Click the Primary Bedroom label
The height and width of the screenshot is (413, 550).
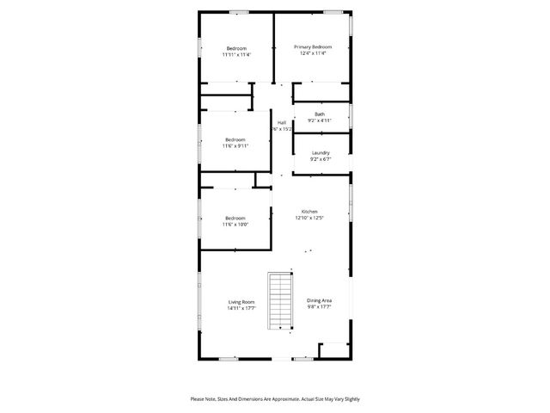pos(313,46)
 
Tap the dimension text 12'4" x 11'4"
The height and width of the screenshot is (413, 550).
pos(313,53)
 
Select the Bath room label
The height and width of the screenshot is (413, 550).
pos(320,114)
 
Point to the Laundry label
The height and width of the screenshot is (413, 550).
pos(321,153)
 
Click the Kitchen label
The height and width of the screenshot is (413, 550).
pos(309,212)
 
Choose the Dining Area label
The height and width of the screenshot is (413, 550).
pos(320,300)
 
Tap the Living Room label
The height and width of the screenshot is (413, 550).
pos(241,302)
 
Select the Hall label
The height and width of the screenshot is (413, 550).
pos(282,122)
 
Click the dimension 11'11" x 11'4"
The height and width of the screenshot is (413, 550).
pos(236,54)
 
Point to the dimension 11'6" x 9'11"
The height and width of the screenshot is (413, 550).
pos(235,146)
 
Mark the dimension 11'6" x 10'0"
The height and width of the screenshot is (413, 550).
pos(235,225)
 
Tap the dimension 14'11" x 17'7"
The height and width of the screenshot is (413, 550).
pos(241,308)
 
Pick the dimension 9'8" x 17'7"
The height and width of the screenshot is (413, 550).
pos(320,307)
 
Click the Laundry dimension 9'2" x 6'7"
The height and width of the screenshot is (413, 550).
pos(321,159)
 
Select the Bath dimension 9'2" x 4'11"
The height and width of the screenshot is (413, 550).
pos(320,120)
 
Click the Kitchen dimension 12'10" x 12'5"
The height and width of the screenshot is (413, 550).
pos(309,218)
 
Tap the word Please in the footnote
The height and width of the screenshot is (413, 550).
pos(199,399)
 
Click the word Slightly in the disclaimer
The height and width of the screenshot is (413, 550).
pos(351,399)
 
